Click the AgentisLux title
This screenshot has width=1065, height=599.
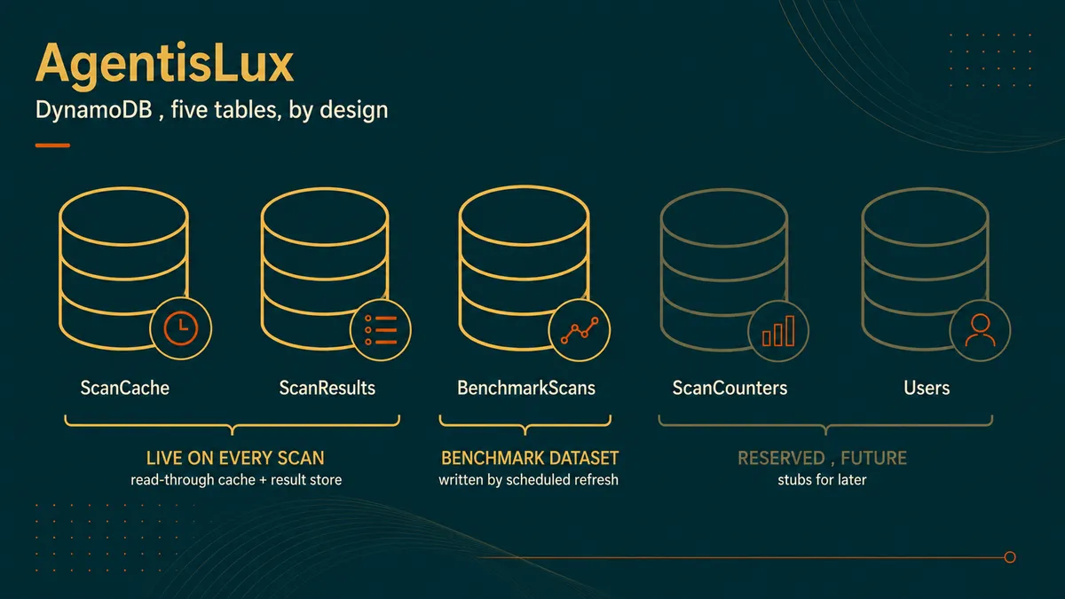164,64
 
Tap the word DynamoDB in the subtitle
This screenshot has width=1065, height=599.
94,110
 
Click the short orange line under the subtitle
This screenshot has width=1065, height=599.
52,146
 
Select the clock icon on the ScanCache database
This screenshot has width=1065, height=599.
181,328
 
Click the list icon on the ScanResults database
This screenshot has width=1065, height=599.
381,330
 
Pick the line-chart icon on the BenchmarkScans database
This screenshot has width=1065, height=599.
579,330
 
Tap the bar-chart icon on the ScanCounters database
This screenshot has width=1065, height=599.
778,330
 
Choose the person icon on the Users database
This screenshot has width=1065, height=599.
980,330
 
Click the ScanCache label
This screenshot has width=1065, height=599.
124,388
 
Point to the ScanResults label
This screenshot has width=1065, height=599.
327,388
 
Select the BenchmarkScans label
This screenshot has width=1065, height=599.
526,388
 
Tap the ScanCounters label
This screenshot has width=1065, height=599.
730,388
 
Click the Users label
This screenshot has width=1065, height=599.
927,388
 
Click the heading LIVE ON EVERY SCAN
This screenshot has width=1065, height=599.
235,458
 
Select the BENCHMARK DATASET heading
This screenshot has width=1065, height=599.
530,458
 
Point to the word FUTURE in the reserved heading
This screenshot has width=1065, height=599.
874,458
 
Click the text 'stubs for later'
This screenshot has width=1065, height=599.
822,480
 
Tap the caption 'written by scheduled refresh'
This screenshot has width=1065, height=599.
528,480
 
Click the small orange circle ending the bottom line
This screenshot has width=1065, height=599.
1010,557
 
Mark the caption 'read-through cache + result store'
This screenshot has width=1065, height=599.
236,480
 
